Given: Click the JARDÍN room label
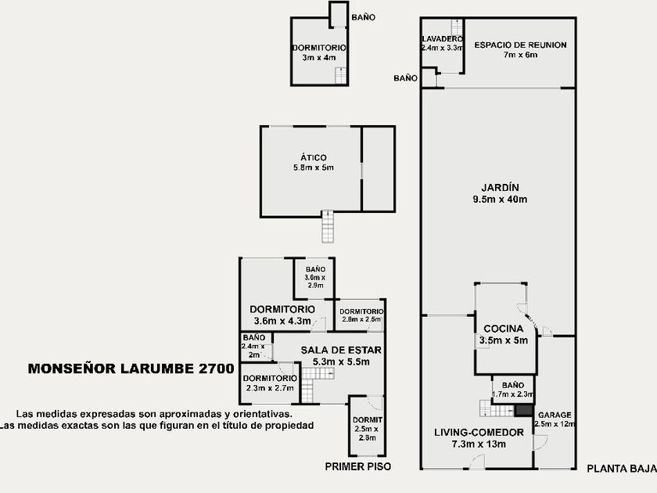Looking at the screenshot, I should point(501,187).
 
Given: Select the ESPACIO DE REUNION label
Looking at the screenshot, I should point(520,45).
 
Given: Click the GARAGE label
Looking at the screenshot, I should point(555,415).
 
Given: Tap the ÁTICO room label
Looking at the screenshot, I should point(313,157).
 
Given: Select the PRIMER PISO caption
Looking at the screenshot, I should point(357,466).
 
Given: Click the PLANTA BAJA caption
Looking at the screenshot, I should point(621,469).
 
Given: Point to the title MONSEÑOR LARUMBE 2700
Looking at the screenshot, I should point(131,369).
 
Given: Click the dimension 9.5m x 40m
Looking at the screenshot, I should point(501,200).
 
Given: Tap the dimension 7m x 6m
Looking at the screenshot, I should point(520,56).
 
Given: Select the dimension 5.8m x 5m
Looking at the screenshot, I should point(313,167).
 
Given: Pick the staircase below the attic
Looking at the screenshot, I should point(328,225).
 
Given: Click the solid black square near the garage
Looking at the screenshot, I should point(522,410).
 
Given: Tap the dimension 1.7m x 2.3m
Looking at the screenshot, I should point(512,394).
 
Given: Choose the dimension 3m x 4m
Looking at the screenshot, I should point(318,57).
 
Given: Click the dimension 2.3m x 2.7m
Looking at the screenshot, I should point(267,388).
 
